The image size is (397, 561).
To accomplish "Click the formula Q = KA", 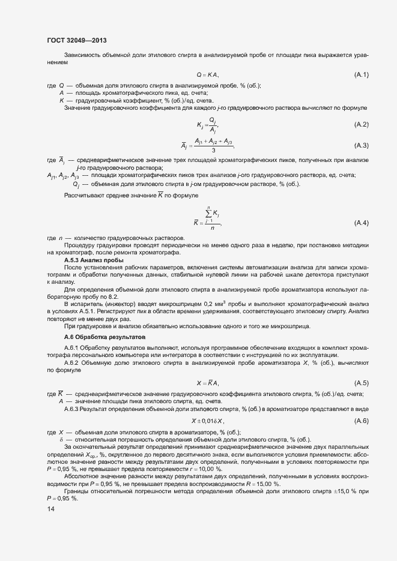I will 208,74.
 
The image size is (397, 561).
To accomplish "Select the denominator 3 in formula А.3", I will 213,151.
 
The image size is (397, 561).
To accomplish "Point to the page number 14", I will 50,509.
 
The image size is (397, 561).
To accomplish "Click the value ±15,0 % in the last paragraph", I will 339,492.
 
